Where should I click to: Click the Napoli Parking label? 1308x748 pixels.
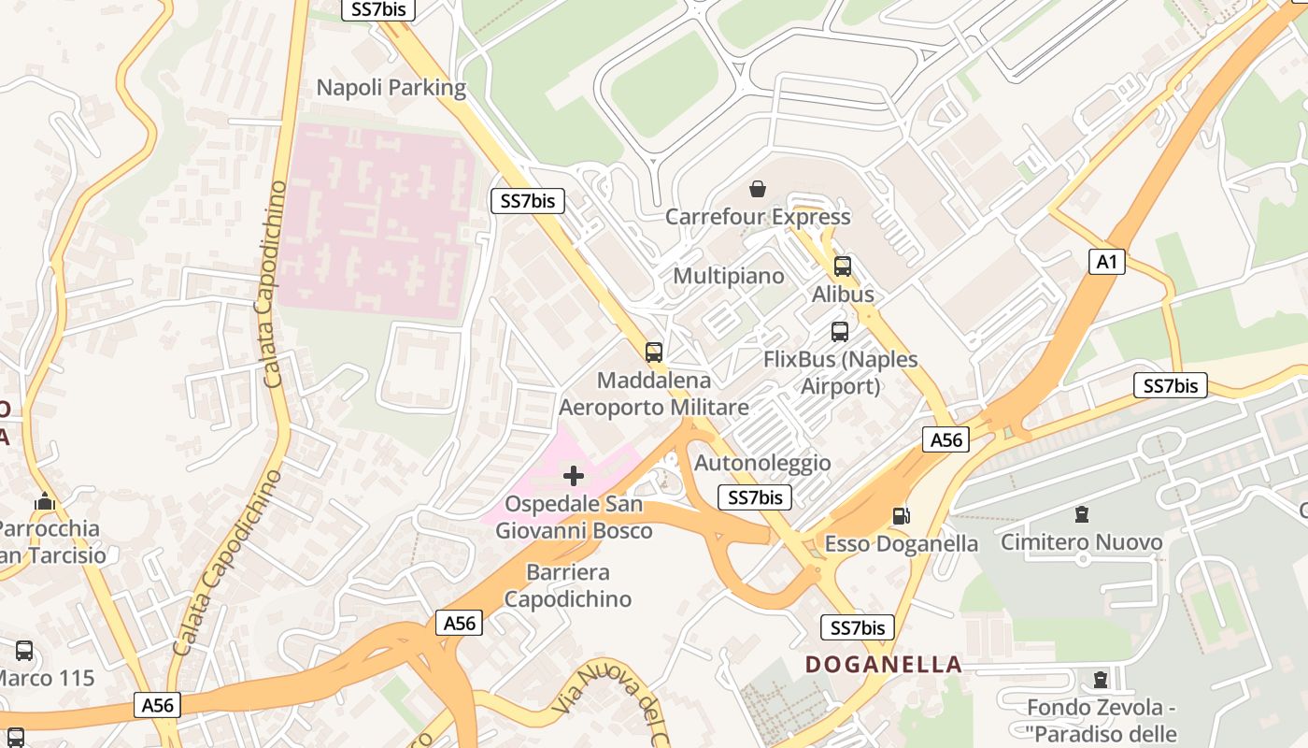point(391,88)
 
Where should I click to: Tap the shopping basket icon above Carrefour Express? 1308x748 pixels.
point(758,190)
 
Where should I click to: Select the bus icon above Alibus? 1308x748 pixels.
point(843,266)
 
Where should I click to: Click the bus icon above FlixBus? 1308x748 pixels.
point(840,332)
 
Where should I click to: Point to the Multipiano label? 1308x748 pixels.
point(729,276)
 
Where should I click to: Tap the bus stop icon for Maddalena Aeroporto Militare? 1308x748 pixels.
point(654,352)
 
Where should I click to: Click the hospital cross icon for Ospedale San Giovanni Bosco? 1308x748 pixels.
point(574,476)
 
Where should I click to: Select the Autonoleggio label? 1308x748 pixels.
point(762,463)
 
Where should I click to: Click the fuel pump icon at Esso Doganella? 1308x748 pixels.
point(902,515)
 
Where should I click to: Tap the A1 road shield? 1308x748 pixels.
point(1107,262)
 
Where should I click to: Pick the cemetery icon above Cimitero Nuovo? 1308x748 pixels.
point(1082,513)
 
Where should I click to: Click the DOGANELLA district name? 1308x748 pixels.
point(884,665)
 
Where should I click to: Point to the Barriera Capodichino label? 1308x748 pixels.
point(568,585)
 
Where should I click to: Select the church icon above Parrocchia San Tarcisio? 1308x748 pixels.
point(45,502)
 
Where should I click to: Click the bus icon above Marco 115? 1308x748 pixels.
point(24,650)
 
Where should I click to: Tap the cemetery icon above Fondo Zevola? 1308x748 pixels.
point(1101,679)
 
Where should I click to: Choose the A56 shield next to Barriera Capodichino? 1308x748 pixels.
point(459,623)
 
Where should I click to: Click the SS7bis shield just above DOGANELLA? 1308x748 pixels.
point(857,627)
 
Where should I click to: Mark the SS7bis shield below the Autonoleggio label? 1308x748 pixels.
point(755,497)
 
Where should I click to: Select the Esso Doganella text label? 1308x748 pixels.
point(902,543)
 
